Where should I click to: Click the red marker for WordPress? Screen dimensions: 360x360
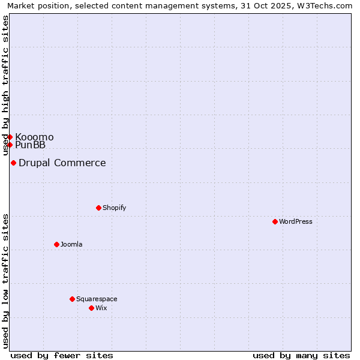pyautogui.click(x=275, y=221)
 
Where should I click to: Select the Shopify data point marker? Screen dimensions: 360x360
pyautogui.click(x=98, y=208)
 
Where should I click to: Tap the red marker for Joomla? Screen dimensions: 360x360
pyautogui.click(x=56, y=244)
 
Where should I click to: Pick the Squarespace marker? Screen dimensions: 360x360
pyautogui.click(x=72, y=299)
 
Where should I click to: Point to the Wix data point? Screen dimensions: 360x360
pyautogui.click(x=91, y=308)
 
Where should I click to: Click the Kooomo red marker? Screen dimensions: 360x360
pyautogui.click(x=10, y=137)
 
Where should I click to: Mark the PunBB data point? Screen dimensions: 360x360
pyautogui.click(x=10, y=145)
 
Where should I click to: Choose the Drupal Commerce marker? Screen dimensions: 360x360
pyautogui.click(x=13, y=163)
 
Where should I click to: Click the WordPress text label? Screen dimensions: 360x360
pyautogui.click(x=296, y=221)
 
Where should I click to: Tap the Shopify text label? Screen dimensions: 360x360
pyautogui.click(x=115, y=208)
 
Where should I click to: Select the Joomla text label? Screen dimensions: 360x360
pyautogui.click(x=71, y=244)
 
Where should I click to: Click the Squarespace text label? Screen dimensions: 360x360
pyautogui.click(x=97, y=299)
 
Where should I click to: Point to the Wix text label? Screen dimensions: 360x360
pyautogui.click(x=101, y=308)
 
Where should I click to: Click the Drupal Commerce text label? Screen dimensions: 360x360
pyautogui.click(x=62, y=163)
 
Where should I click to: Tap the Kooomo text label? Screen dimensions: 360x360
pyautogui.click(x=34, y=137)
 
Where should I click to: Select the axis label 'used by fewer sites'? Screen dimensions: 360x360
pyautogui.click(x=62, y=355)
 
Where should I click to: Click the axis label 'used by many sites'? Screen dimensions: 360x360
pyautogui.click(x=301, y=355)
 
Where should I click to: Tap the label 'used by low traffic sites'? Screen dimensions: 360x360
pyautogui.click(x=5, y=281)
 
